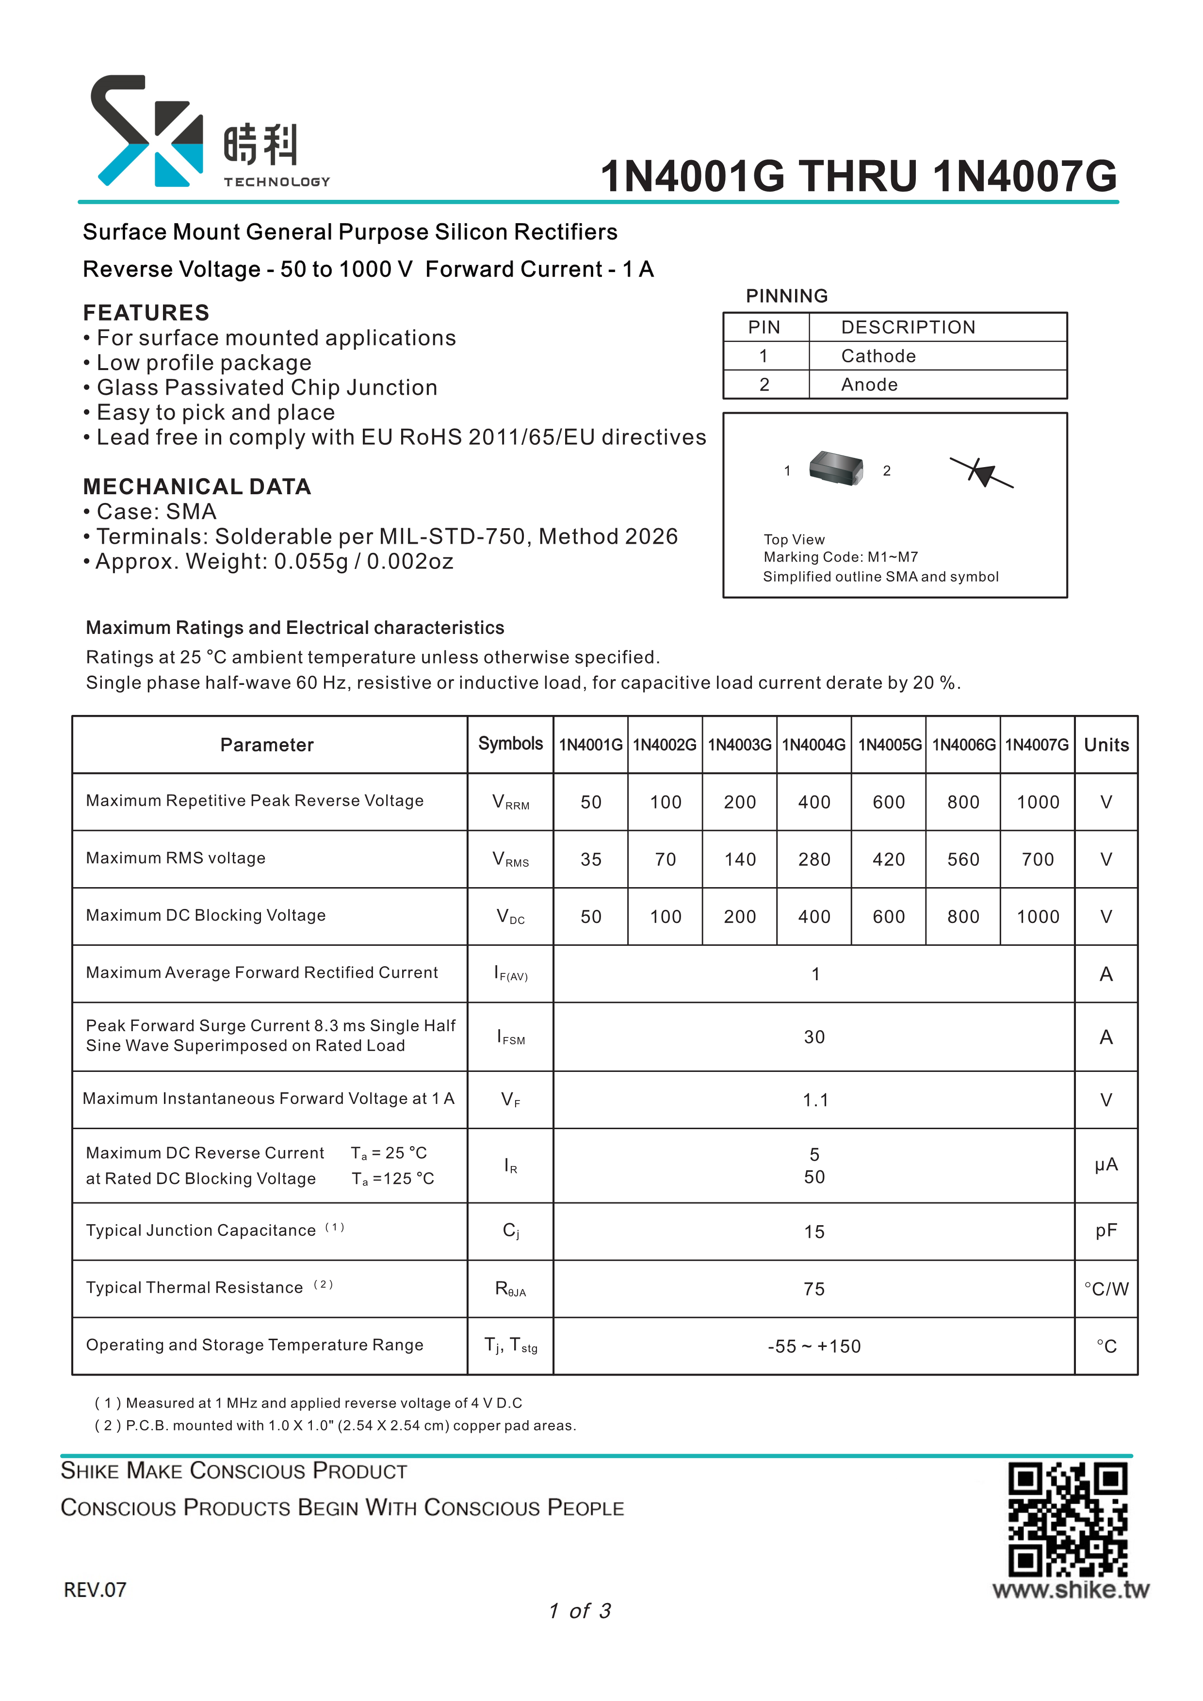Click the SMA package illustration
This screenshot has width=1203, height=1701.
836,468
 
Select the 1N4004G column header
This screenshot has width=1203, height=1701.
813,745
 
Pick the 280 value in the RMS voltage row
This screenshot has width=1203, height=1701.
813,859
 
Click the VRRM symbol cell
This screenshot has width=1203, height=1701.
510,802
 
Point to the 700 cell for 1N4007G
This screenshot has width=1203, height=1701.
1037,859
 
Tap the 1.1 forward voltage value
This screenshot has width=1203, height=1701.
815,1100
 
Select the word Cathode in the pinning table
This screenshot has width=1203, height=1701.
878,356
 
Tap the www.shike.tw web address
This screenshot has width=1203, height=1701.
1071,1590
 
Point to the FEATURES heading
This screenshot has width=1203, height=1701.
146,313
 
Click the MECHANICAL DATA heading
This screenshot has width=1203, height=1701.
197,487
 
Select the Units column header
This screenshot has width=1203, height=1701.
1106,745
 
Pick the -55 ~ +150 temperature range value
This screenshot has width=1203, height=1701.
814,1346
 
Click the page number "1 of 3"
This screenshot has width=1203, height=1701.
580,1611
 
